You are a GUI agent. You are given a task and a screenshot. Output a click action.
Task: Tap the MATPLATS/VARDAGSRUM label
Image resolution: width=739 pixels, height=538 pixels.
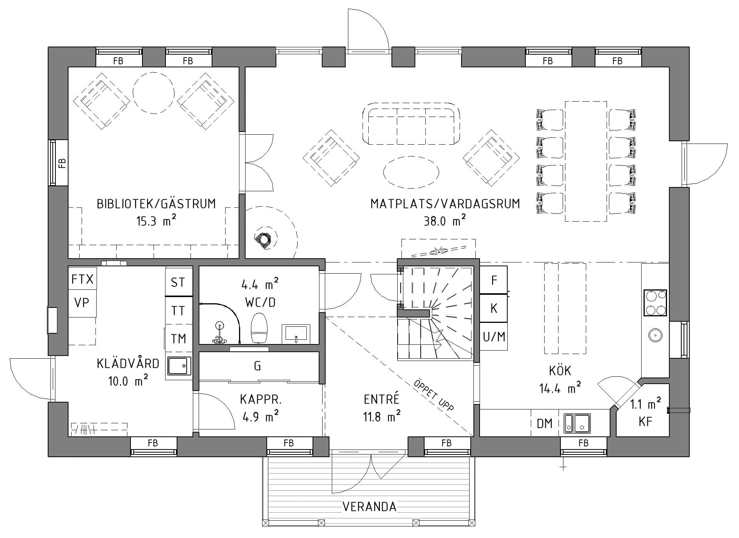click(445, 204)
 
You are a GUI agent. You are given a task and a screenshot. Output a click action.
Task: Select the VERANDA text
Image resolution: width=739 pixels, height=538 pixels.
click(369, 507)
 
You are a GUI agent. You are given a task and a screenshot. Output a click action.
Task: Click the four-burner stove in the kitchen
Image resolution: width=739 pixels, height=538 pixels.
click(655, 303)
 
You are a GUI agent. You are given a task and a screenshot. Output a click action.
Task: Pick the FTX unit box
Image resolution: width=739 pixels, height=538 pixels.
click(82, 279)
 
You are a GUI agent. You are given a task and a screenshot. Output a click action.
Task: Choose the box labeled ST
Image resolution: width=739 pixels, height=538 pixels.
click(178, 282)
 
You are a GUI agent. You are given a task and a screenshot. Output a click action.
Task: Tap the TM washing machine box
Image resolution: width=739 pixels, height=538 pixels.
click(178, 339)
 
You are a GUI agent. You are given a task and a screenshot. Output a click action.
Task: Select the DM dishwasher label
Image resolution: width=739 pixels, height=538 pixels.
click(545, 424)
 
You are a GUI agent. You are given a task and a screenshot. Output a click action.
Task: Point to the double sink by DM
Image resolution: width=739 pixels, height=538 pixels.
click(578, 423)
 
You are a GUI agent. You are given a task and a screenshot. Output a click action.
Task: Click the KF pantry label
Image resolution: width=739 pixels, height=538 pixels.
click(645, 422)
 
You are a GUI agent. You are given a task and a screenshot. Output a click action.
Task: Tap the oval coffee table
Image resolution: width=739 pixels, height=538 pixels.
click(411, 172)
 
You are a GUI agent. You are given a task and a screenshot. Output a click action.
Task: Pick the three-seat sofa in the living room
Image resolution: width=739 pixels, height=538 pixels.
click(411, 124)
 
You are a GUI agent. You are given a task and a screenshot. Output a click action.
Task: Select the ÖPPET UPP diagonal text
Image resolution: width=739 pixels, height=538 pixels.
click(434, 395)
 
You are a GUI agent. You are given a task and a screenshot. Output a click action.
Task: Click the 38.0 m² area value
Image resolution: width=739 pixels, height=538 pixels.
click(445, 221)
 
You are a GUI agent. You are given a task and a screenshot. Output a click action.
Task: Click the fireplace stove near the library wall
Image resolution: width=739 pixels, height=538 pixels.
click(265, 239)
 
